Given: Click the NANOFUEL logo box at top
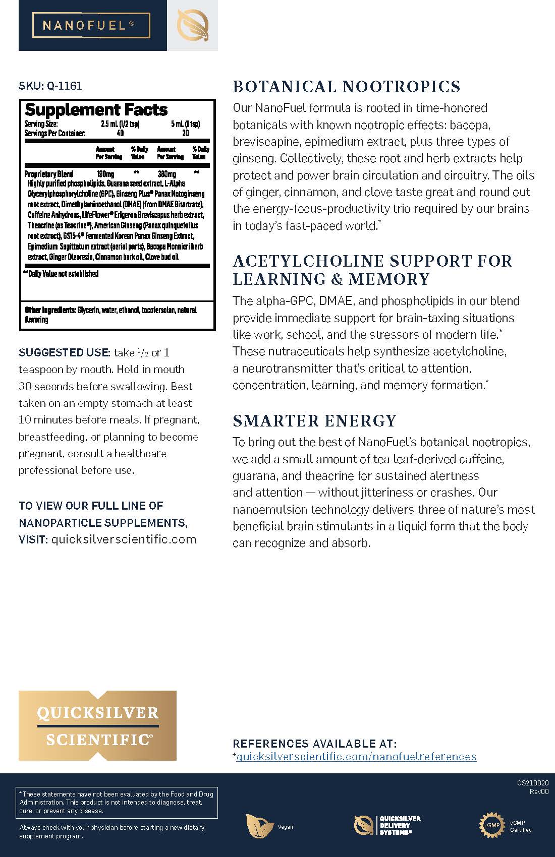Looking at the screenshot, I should coord(91,25).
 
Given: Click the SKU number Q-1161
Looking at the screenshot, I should coord(64,86).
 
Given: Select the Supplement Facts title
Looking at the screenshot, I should coord(96,109).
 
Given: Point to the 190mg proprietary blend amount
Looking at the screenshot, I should coord(105,174).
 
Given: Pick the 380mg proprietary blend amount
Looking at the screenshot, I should coord(166,174).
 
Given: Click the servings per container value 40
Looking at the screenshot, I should coord(120,134).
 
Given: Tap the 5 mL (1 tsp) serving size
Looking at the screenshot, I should coord(185,124).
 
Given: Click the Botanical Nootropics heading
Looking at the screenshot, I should coord(346,87).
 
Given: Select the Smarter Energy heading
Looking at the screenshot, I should coord(314,420).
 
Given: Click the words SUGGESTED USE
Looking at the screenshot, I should coord(64,352).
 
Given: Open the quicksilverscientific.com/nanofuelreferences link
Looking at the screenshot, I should coord(356,756).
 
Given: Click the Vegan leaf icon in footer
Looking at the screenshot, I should coord(256,826).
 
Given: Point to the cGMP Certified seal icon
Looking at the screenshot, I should coord(491,825).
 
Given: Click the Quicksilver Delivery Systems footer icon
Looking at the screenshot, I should coord(364,825).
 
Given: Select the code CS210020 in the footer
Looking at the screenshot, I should coord(532,783).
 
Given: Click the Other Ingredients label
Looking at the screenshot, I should coord(50,310).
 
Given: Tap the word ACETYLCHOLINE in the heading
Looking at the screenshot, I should coord(301,261).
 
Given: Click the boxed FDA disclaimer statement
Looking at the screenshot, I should coord(118,802).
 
